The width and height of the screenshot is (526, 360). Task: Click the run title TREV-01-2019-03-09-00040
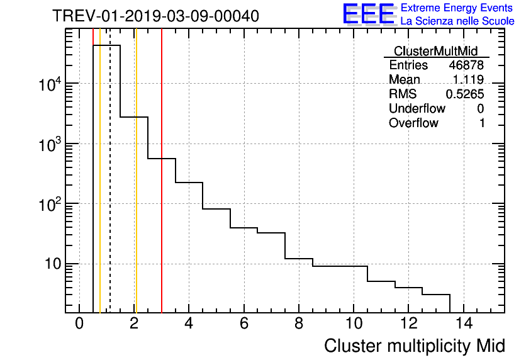[x=155, y=16]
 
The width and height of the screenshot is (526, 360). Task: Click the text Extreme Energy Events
[x=457, y=8]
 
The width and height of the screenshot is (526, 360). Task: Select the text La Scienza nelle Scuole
[x=457, y=21]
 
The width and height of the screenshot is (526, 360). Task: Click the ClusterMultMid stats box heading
[x=435, y=51]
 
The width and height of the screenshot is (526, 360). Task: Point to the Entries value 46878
[x=466, y=65]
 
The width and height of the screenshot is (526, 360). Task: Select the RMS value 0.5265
[x=465, y=94]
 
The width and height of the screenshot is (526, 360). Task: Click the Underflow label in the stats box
[x=417, y=109]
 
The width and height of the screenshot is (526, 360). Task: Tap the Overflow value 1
[x=482, y=123]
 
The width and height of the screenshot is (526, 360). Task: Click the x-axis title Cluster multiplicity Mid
[x=414, y=346]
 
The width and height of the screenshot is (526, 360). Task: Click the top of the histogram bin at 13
[x=436, y=294]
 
